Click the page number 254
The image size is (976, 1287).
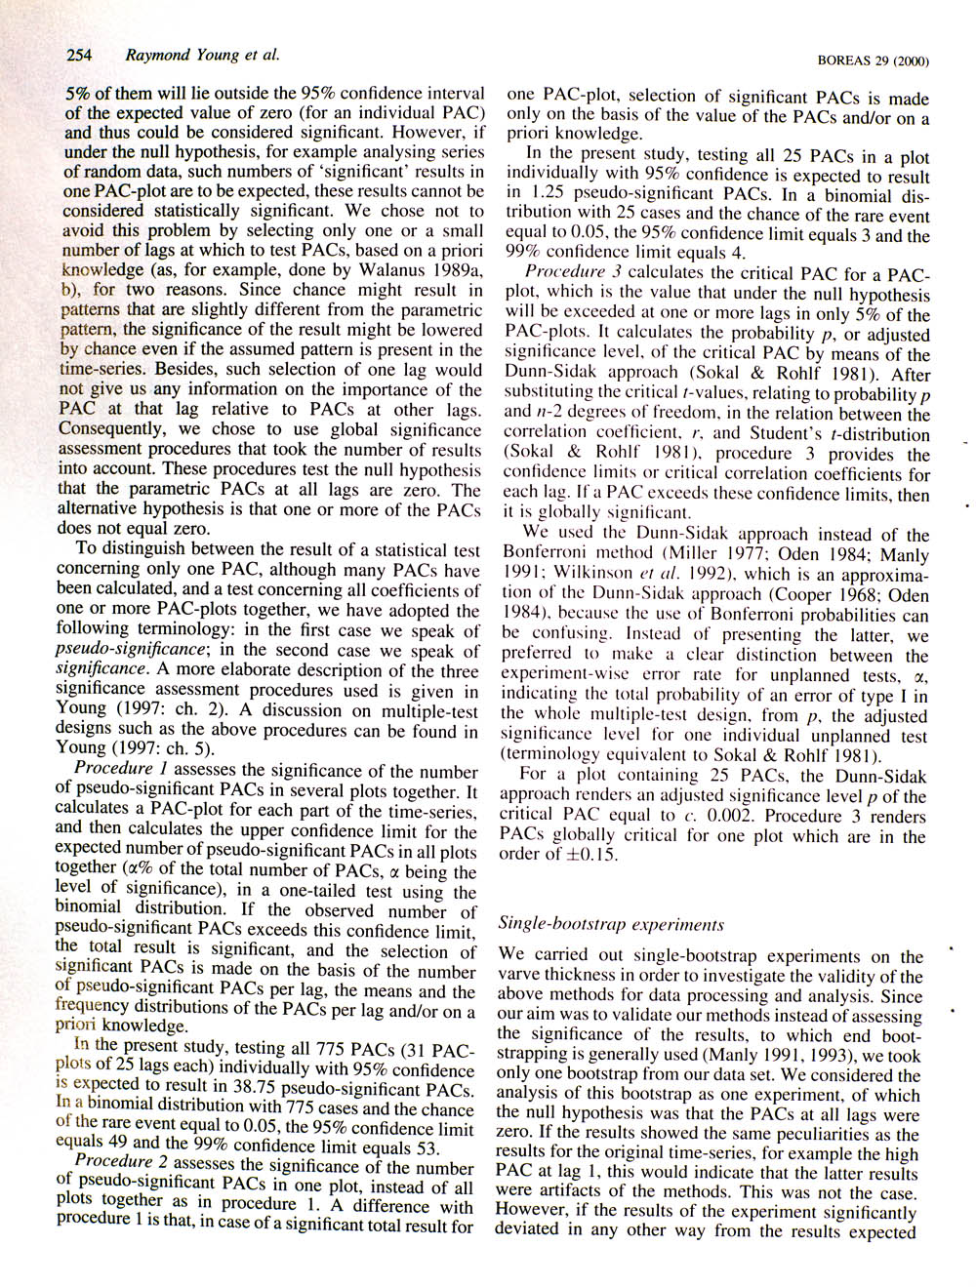pos(78,55)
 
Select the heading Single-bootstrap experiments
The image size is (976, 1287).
pos(610,922)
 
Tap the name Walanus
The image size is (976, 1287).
pos(381,269)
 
